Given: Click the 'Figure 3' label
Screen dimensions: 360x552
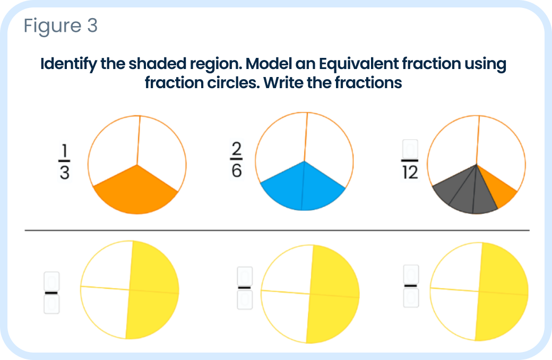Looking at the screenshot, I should (61, 26).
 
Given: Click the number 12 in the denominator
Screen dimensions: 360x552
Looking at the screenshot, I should (410, 174).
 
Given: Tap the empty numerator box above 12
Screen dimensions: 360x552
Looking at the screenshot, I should (410, 149).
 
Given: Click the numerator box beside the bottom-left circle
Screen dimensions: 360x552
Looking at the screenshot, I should (51, 280).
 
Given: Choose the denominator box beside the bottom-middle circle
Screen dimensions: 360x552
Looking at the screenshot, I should (245, 300).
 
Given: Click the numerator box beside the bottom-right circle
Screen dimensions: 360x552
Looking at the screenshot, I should (411, 275).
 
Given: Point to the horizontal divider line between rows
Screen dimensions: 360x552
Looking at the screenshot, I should (277, 230).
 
